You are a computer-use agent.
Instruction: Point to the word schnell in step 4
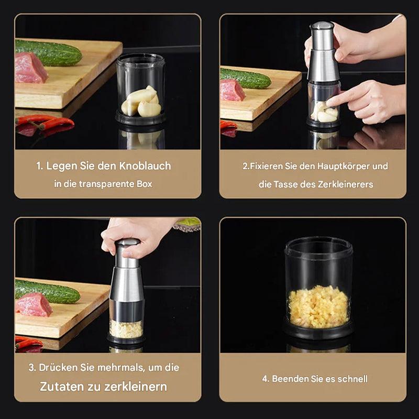point(352,379)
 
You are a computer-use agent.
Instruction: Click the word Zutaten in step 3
point(62,387)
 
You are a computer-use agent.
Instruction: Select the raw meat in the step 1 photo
point(30,69)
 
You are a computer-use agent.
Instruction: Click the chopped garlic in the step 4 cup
point(318,307)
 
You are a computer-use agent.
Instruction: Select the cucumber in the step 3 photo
point(47,291)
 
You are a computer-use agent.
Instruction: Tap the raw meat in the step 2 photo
point(232,90)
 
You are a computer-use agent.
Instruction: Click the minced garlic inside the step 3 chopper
point(126,329)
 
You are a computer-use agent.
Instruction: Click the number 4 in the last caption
point(265,379)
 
